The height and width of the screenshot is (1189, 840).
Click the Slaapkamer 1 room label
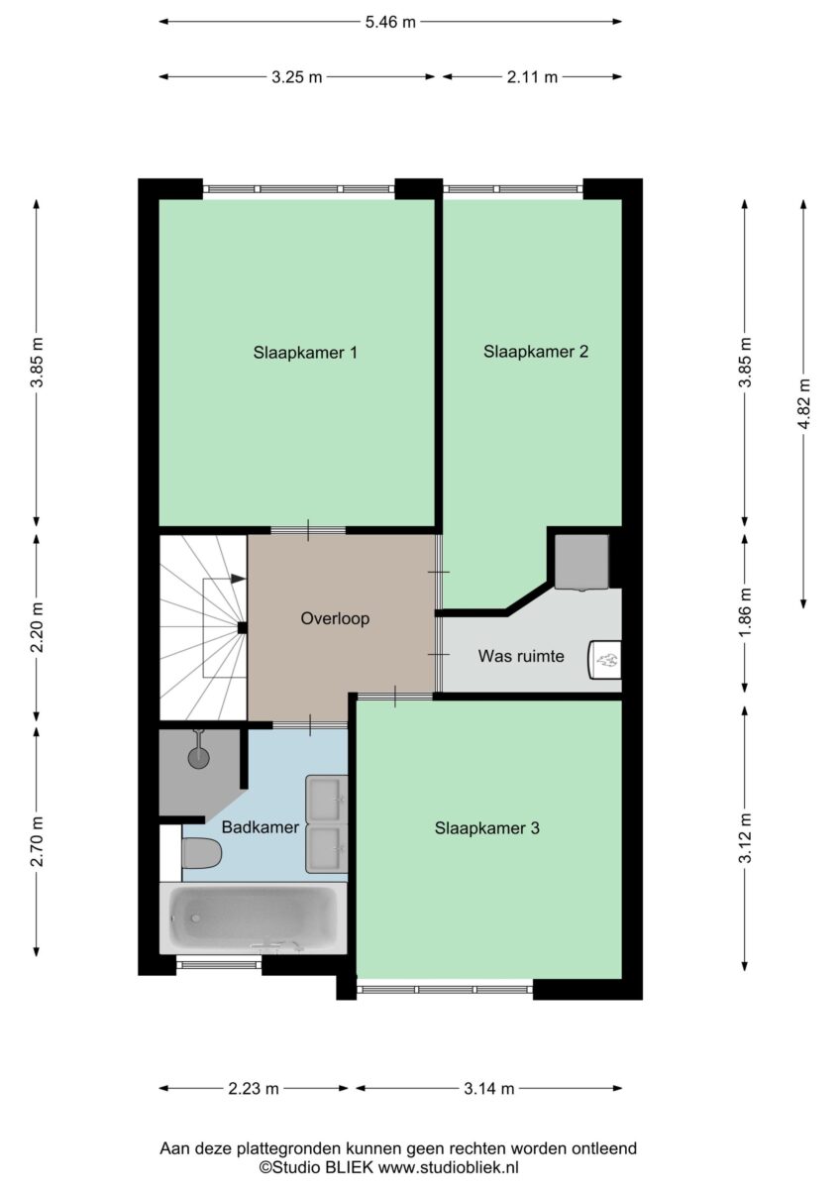click(304, 353)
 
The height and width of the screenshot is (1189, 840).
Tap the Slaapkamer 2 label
click(536, 352)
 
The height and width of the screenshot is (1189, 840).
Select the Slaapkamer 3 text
click(486, 828)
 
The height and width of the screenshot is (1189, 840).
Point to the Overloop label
click(335, 618)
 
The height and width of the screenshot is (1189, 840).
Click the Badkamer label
click(260, 827)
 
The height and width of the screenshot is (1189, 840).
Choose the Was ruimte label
click(521, 656)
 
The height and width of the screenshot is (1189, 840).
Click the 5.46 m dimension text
click(390, 22)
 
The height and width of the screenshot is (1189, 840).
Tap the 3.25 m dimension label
click(296, 77)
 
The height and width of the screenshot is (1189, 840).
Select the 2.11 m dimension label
click(532, 77)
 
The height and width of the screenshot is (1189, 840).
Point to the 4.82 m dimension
click(804, 404)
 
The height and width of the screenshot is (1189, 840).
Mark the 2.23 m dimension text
click(254, 1089)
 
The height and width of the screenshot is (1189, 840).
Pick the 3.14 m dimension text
click(488, 1089)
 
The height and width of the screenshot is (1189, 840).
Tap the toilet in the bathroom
click(201, 854)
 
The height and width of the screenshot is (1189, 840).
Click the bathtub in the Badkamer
click(254, 918)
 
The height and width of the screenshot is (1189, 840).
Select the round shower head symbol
click(199, 757)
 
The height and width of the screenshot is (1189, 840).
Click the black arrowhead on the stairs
click(239, 579)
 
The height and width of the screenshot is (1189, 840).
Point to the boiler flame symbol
click(607, 660)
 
